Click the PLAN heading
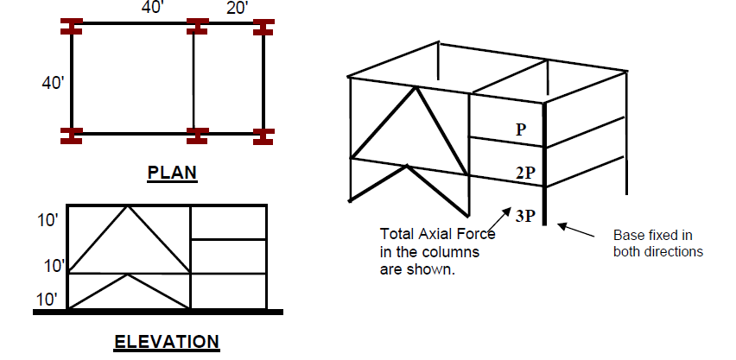coord(172,173)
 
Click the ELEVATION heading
coord(167,342)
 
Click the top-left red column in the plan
coord(70,24)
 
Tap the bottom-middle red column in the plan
coord(198,136)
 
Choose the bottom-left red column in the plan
coord(70,136)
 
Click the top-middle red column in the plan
coord(198,24)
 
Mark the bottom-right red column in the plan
coord(263,136)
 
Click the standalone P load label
coord(521,129)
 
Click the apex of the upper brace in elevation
coord(129,205)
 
